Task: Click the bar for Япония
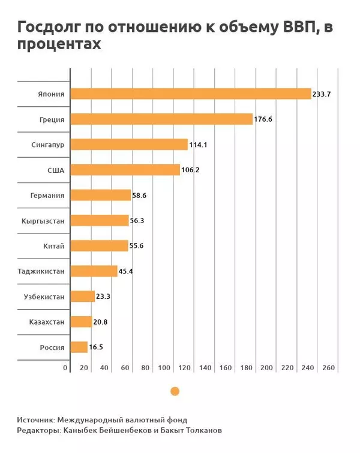click(x=191, y=94)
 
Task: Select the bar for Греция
click(x=161, y=119)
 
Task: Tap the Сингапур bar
click(x=129, y=145)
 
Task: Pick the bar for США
click(x=125, y=170)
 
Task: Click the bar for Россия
click(x=79, y=347)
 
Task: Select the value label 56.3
click(x=137, y=221)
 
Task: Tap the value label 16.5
click(x=97, y=347)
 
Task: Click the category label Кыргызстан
click(x=43, y=221)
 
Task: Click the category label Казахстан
click(x=46, y=322)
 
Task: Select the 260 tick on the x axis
click(x=328, y=368)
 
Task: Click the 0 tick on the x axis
click(x=65, y=368)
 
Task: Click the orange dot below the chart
click(x=175, y=391)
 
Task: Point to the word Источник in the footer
click(x=37, y=420)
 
